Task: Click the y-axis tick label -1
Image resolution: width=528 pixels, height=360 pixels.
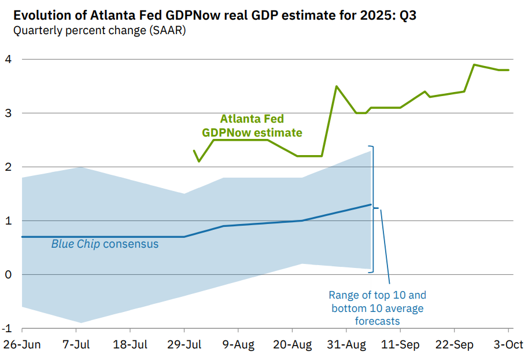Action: [x=8, y=328]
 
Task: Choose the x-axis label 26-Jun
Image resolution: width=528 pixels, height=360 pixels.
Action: [x=22, y=345]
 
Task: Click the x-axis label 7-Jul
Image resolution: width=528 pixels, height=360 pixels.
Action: [x=76, y=345]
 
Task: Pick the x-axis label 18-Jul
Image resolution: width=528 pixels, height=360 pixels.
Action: [x=130, y=345]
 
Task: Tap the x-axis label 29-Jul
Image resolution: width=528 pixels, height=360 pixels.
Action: [x=184, y=345]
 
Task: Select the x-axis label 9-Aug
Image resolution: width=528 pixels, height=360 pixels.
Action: [x=238, y=345]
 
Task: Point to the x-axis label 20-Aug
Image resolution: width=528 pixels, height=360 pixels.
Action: [x=292, y=345]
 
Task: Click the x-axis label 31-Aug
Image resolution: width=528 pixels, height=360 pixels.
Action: [x=346, y=345]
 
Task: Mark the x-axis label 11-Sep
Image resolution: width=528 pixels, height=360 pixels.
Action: [x=401, y=345]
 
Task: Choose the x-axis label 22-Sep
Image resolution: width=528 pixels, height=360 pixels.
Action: [x=455, y=345]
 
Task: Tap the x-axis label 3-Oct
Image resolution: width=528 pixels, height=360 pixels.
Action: [x=508, y=345]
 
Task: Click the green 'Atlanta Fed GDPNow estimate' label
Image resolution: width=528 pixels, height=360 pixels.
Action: [x=252, y=126]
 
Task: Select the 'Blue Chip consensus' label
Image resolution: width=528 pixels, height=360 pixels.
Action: [x=105, y=244]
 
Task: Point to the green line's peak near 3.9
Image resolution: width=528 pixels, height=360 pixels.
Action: [x=474, y=65]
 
